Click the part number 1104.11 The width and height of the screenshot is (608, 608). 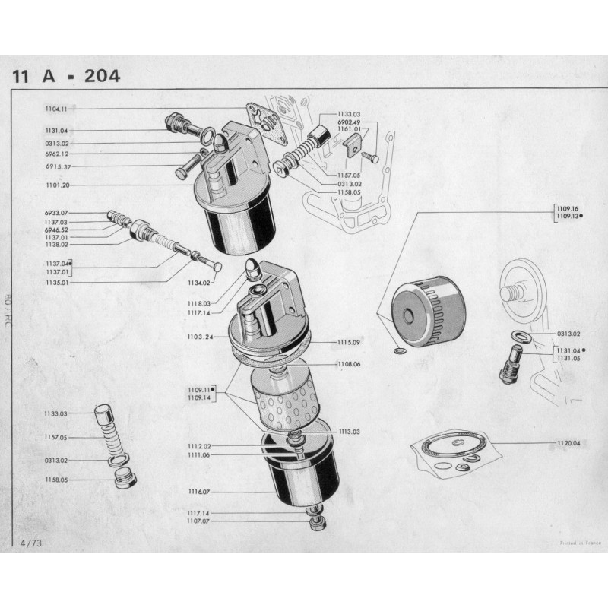coord(57,109)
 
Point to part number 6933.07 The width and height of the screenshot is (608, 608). coord(57,213)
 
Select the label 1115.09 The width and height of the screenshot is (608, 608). coord(350,342)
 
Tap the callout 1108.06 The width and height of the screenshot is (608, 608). coord(350,365)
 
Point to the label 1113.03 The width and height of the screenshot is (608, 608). coord(350,431)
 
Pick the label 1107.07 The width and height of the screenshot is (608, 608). coord(199,521)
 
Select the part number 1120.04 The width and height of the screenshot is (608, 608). coord(568,442)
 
